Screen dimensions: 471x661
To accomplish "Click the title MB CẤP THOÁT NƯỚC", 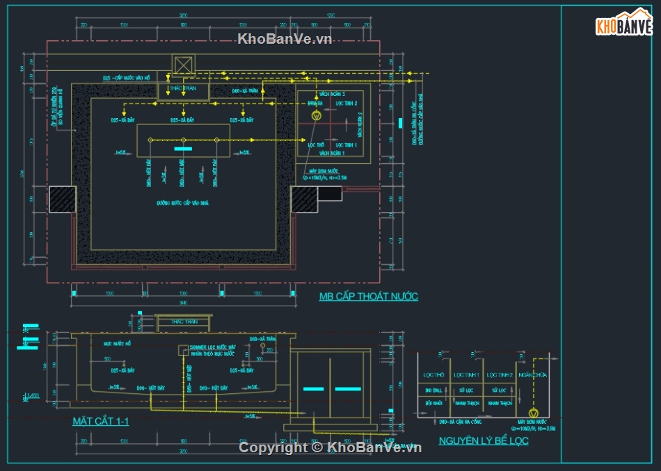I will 368,297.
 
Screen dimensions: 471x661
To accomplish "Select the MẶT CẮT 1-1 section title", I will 100,421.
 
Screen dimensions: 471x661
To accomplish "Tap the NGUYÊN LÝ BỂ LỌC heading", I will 483,440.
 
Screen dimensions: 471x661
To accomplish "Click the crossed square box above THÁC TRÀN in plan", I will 182,65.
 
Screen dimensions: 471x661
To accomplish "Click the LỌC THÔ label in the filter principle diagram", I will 433,375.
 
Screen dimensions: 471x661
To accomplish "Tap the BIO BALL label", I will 433,391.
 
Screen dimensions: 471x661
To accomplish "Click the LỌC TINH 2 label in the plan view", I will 346,104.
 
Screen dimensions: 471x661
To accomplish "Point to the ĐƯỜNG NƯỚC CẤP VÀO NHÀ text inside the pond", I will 183,203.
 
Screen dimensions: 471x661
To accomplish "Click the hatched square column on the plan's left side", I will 61,199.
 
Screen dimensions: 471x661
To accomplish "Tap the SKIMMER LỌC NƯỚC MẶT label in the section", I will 212,347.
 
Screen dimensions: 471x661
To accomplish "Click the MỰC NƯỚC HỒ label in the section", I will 118,343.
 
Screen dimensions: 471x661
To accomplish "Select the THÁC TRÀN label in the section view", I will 184,321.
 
